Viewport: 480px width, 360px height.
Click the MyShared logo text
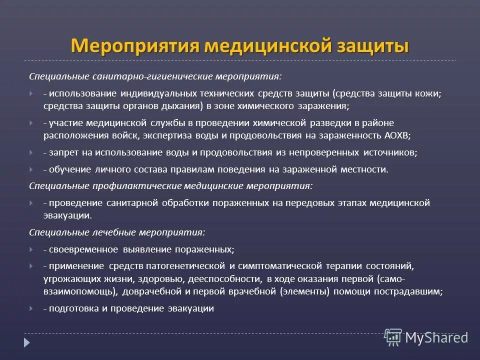tap(436, 338)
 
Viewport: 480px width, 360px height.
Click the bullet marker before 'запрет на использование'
tap(31, 152)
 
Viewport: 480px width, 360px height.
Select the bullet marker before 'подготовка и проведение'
tap(31, 308)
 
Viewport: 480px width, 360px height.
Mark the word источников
tap(391, 152)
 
